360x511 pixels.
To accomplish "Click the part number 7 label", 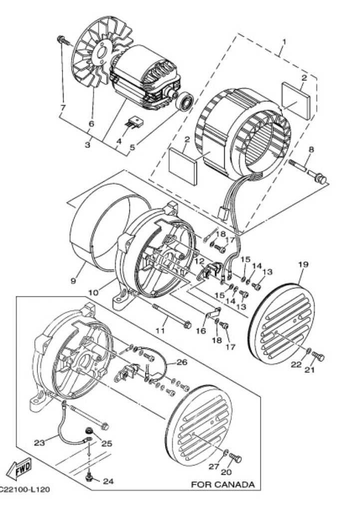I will (x=63, y=108).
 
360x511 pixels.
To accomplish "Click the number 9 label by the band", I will (x=73, y=281).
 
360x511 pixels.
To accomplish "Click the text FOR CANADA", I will (x=223, y=484).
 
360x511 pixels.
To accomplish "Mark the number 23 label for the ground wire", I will (x=39, y=442).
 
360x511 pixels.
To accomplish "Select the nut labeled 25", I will (x=89, y=430).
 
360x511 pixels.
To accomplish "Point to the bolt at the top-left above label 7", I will (x=62, y=39).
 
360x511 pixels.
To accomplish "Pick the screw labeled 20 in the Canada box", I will (x=237, y=458).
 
